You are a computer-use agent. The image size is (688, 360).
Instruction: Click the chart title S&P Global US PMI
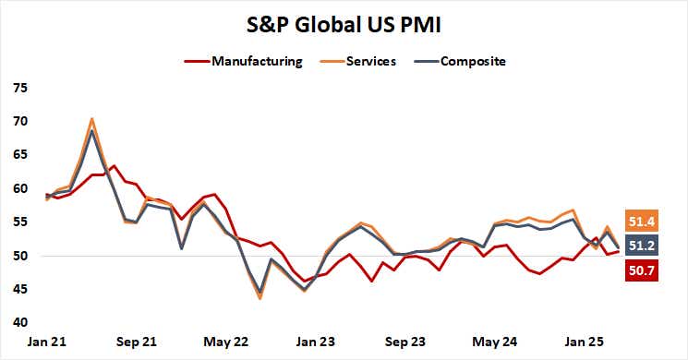344,20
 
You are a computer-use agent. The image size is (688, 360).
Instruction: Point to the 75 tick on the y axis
19,88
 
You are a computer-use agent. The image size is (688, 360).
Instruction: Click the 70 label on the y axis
19,122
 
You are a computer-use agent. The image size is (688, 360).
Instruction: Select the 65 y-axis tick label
19,155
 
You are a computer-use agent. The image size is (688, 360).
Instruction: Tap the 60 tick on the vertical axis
19,188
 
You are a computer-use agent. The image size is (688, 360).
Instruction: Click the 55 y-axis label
19,222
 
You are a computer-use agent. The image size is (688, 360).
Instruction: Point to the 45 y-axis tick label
19,289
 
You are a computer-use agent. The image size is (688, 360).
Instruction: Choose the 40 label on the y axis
19,322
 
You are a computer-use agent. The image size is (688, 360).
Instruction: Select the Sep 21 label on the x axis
137,341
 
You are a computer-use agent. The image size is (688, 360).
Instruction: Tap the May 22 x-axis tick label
226,341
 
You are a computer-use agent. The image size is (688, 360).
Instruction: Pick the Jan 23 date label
315,341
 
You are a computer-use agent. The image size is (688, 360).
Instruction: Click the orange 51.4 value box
643,222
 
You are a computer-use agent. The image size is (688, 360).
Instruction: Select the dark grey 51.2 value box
643,246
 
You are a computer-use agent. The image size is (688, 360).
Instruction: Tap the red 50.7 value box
643,270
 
